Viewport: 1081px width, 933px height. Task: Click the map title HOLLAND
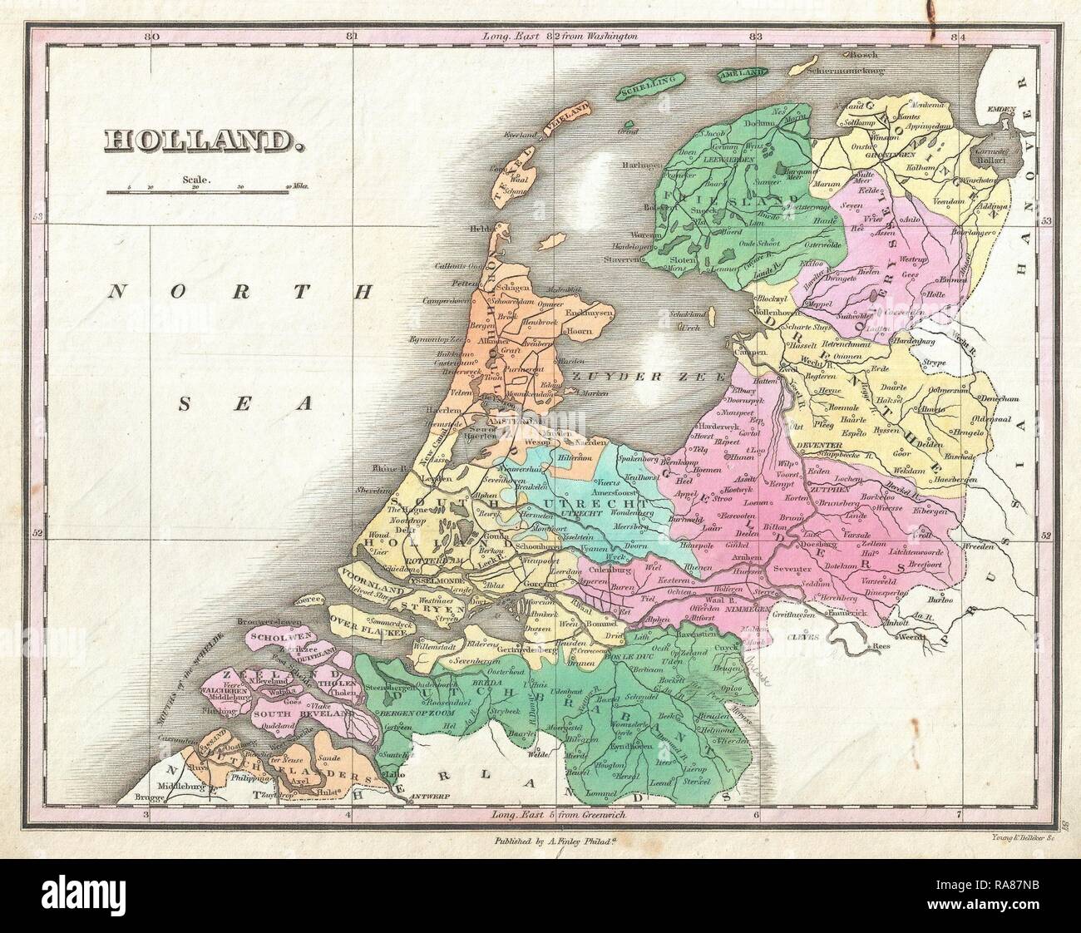click(x=200, y=138)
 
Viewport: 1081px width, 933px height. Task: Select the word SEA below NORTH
click(x=246, y=405)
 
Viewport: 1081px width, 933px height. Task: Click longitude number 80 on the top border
click(x=150, y=37)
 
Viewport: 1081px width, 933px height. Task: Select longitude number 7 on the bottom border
click(x=959, y=813)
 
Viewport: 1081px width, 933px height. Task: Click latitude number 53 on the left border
click(x=37, y=217)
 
